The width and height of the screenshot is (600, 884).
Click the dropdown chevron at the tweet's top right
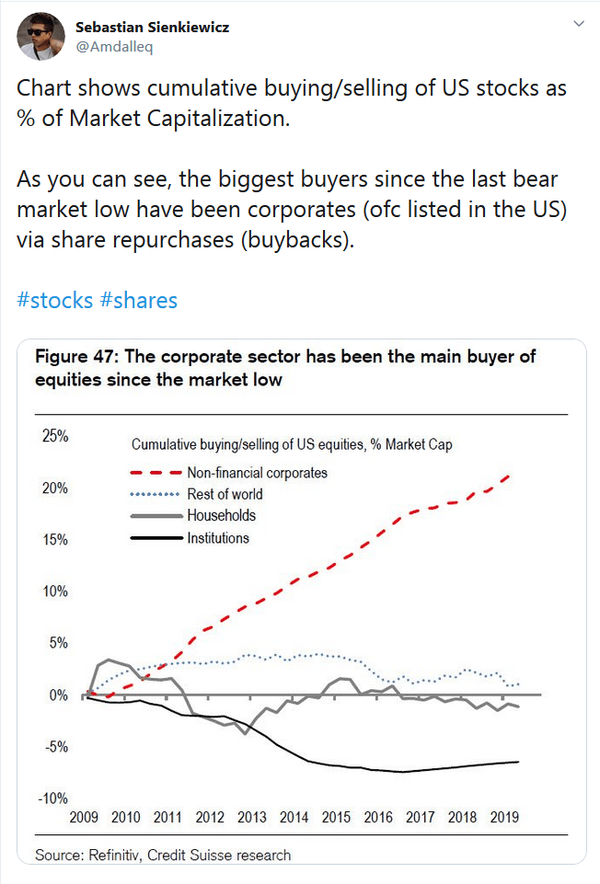click(x=578, y=22)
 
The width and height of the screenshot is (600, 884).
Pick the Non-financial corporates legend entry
click(x=257, y=473)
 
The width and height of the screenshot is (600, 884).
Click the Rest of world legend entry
click(x=225, y=494)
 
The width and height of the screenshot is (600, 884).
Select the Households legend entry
click(x=221, y=515)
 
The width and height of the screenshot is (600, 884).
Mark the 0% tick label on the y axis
click(x=59, y=695)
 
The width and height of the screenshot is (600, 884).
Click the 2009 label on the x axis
click(x=84, y=817)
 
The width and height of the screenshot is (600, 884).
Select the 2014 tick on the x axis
click(x=294, y=817)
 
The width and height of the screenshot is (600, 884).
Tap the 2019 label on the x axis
click(x=504, y=817)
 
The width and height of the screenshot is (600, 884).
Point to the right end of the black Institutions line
click(x=519, y=762)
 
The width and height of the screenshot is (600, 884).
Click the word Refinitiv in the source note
click(x=118, y=855)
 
